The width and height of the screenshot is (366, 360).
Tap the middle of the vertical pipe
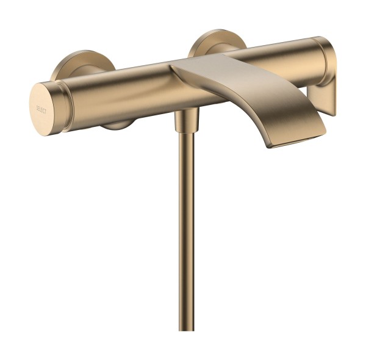(186, 232)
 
